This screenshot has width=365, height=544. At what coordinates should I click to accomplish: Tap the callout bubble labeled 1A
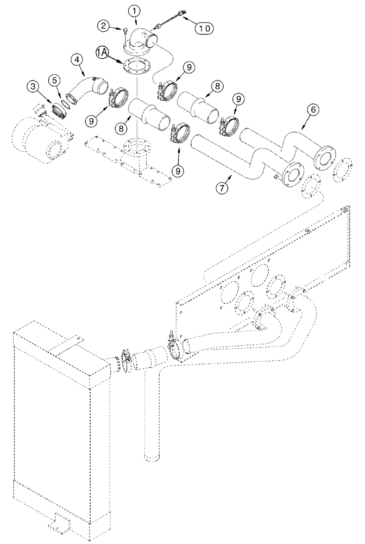(103, 53)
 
